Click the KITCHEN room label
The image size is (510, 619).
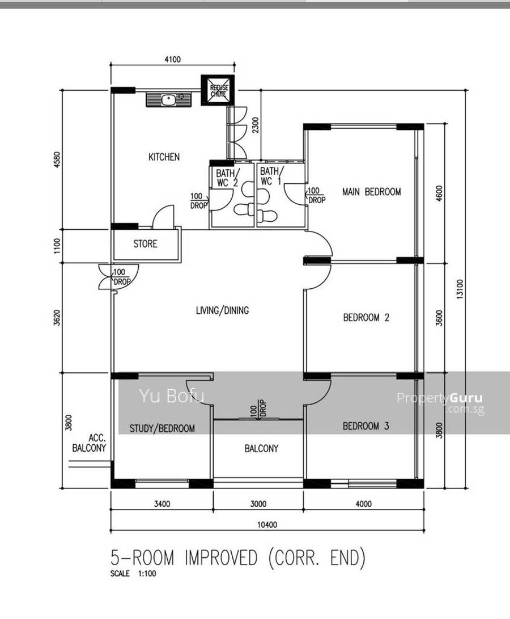click(x=164, y=157)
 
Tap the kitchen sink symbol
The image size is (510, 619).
click(x=168, y=99)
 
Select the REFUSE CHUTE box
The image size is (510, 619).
click(x=218, y=90)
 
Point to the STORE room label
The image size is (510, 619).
click(x=145, y=244)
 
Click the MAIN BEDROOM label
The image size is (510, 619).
click(x=372, y=192)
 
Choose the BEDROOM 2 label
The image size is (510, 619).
click(x=366, y=317)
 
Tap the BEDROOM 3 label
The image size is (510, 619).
click(x=365, y=426)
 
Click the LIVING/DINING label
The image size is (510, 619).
click(x=223, y=310)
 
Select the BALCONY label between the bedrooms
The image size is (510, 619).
click(x=261, y=448)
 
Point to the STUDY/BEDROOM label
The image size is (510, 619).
click(x=162, y=428)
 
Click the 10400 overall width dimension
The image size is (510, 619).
click(x=267, y=525)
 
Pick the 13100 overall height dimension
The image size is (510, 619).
click(x=460, y=289)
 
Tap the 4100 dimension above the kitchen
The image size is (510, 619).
click(x=172, y=60)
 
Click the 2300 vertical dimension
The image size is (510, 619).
click(x=256, y=125)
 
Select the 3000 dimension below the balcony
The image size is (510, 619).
click(x=258, y=504)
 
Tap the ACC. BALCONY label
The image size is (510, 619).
click(x=90, y=443)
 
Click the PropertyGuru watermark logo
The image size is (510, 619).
click(x=440, y=402)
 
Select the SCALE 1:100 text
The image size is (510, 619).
click(x=133, y=574)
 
